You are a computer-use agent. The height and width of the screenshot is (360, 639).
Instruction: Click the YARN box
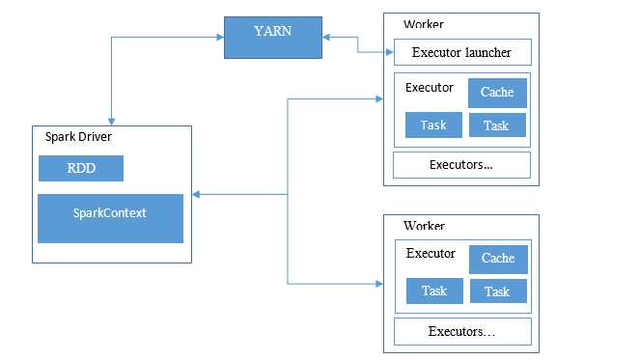point(273,37)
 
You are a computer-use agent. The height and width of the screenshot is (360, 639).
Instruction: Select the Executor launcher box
point(461,53)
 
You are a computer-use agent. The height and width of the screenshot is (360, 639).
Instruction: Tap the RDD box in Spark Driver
point(81,168)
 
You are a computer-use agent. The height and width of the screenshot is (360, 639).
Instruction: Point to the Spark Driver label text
point(78,137)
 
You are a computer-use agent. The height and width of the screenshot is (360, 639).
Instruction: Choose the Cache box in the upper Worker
point(497,93)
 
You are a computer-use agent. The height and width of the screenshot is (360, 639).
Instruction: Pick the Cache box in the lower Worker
point(498,259)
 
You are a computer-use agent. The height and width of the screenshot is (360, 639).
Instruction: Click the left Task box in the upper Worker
point(433,125)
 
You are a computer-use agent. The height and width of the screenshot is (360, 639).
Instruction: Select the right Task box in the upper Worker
point(497,125)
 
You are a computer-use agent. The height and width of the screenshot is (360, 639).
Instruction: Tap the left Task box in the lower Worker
point(433,291)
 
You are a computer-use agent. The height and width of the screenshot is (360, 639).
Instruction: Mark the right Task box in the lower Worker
point(498,291)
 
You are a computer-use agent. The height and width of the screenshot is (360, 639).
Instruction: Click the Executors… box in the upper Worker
point(461,165)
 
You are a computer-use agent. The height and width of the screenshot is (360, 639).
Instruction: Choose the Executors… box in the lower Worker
point(461,332)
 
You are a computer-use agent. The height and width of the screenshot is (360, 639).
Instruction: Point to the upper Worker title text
point(424,23)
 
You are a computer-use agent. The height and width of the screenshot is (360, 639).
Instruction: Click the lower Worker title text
point(424,226)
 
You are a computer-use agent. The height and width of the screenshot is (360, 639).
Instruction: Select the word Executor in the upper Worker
point(430,88)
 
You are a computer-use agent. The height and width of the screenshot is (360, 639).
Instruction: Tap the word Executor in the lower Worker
point(431,254)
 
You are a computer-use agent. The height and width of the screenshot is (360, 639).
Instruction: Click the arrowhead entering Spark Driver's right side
point(196,195)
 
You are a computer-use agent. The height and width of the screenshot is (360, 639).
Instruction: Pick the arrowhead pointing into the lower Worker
point(378,284)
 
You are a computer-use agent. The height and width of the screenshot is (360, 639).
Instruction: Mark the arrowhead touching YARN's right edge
point(326,37)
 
